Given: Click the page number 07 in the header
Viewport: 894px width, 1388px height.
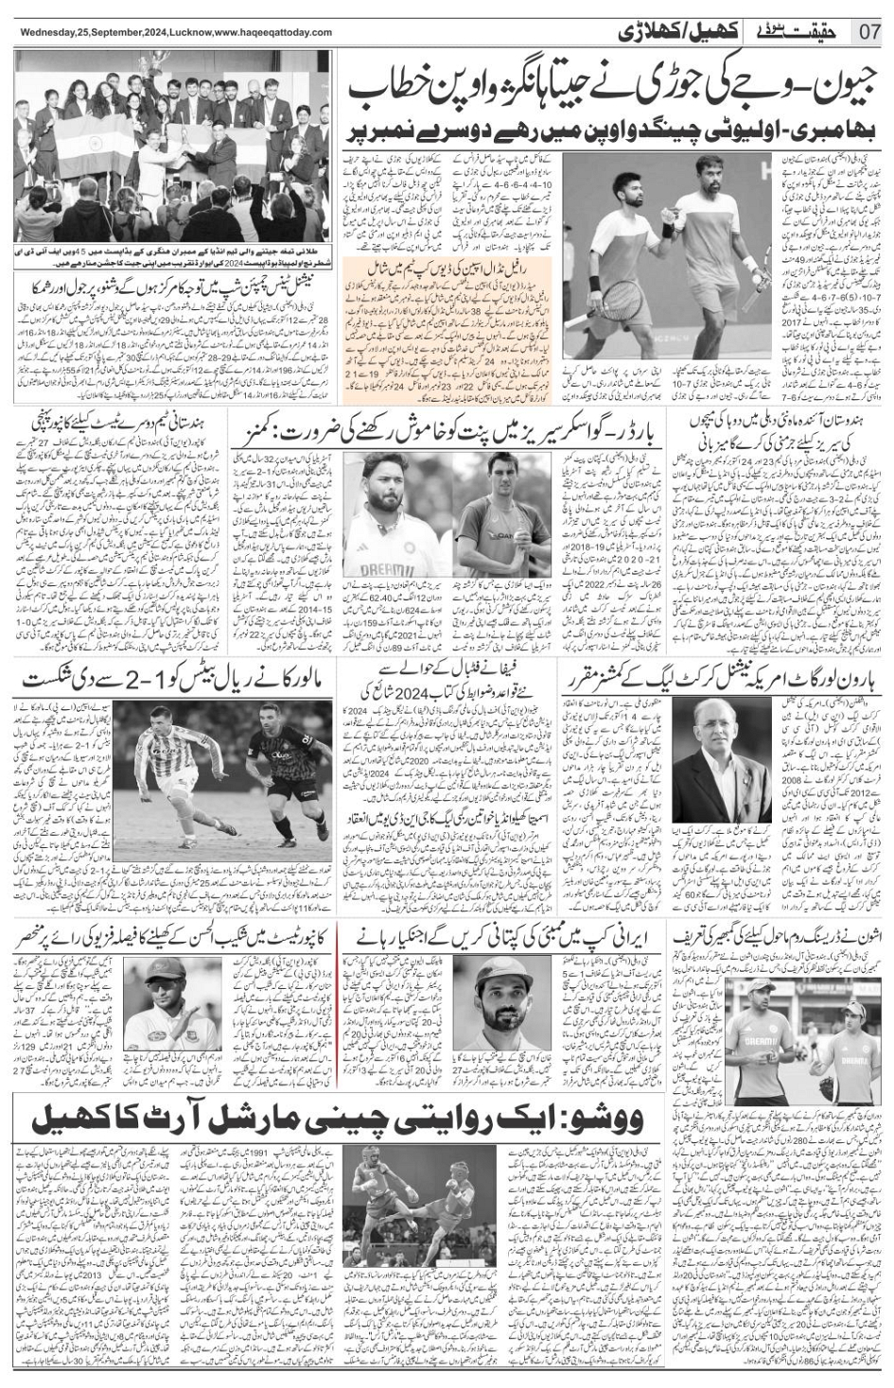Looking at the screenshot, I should [x=869, y=31].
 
